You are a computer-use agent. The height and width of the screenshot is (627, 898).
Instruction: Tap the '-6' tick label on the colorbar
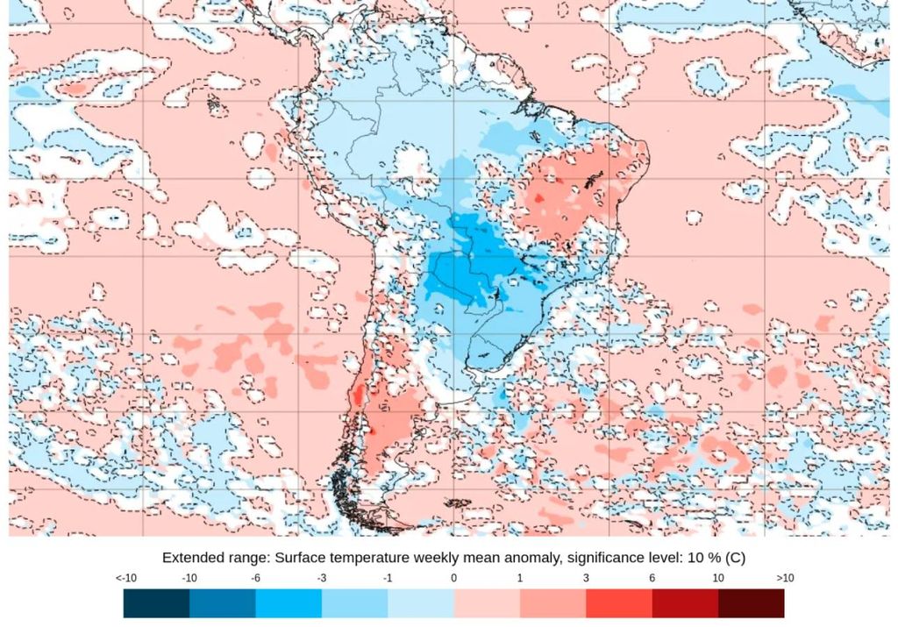click(x=255, y=579)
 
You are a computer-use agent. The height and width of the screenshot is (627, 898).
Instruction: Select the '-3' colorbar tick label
click(x=322, y=579)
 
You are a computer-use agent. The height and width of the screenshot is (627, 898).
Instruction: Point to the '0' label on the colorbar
click(x=453, y=579)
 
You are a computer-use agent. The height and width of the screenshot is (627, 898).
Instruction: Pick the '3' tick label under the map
click(x=586, y=579)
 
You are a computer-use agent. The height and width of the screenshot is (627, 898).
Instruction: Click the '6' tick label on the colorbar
click(x=652, y=579)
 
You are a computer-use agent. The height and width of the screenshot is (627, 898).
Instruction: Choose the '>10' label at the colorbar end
click(x=786, y=579)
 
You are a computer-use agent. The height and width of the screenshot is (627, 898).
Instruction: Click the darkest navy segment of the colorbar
click(x=156, y=603)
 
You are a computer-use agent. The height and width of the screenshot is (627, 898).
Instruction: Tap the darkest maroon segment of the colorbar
click(x=751, y=603)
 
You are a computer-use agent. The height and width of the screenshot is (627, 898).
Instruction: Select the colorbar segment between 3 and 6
click(x=619, y=603)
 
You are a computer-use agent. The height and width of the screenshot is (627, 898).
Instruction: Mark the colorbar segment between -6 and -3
click(x=289, y=603)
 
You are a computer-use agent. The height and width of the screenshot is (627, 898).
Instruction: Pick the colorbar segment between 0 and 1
click(x=487, y=603)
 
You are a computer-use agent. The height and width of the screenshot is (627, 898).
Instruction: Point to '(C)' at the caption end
click(x=734, y=558)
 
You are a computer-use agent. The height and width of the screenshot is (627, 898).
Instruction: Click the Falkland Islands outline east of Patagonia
click(x=457, y=503)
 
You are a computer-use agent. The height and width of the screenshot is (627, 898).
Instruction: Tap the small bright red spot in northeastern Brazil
click(x=539, y=198)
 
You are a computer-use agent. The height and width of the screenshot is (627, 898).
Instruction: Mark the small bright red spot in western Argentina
click(x=371, y=431)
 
